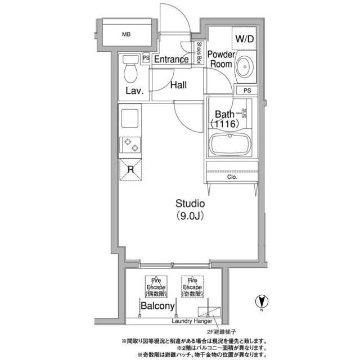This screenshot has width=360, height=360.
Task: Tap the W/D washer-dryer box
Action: point(244,39)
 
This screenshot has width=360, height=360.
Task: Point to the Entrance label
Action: point(171,60)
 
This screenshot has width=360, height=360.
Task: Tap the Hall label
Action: point(178,85)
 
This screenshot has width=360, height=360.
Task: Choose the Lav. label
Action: point(134,91)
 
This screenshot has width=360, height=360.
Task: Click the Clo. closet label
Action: point(232,177)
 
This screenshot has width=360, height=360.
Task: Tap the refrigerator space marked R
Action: point(130,169)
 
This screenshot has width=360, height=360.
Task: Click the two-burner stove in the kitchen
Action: point(129,145)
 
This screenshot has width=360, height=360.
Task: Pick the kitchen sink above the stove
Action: point(130,119)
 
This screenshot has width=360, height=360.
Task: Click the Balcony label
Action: point(157,307)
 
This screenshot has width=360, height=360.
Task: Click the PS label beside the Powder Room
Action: point(247,91)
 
